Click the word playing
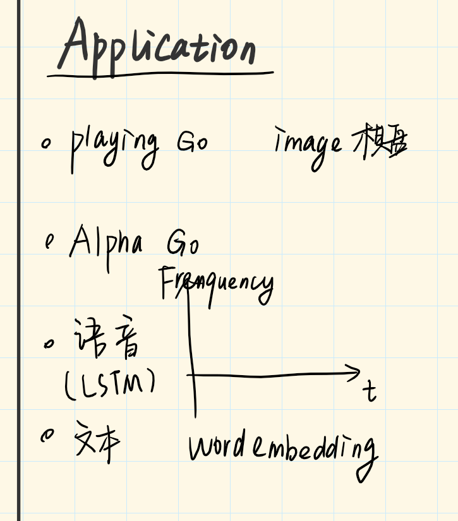click(114, 147)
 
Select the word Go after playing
click(192, 142)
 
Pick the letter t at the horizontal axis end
click(369, 391)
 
